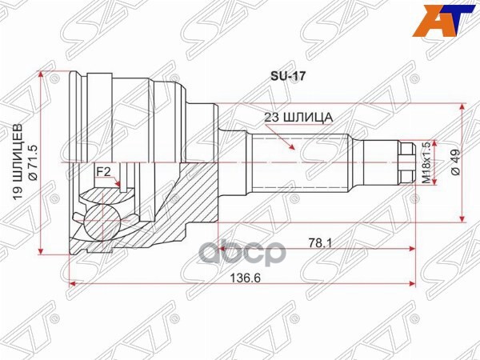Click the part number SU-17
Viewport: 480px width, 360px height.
tap(282, 78)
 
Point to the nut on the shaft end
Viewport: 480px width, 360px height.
tap(405, 163)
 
